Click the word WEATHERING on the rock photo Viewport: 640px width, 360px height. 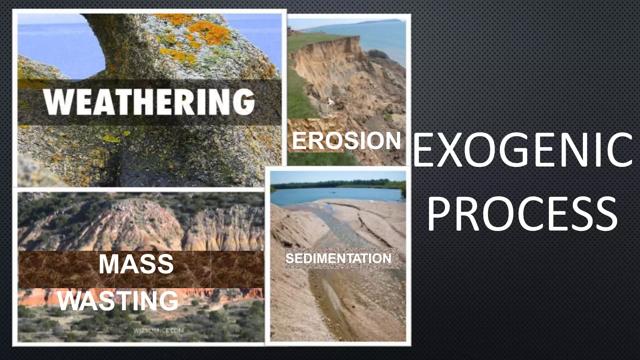coord(149,102)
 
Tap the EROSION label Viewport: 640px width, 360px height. coord(346,141)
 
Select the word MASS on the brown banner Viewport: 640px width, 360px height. coord(136,264)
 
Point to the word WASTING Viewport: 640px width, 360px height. coord(118,301)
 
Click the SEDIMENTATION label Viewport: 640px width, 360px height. coord(338,258)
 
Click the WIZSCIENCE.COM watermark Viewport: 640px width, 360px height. coord(158,331)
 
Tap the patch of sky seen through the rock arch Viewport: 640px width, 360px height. coord(59,47)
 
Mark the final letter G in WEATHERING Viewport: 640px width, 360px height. coord(243,102)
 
